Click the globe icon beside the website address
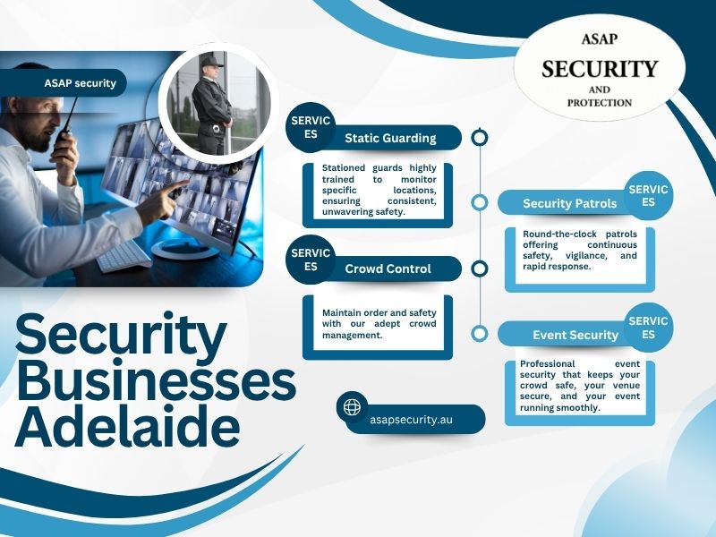coord(352,407)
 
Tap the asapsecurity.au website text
coord(411,419)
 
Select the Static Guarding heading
coord(390,138)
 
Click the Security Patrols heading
coord(569,203)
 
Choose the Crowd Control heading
coord(388,268)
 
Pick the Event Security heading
coord(575,335)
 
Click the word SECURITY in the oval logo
coord(600,69)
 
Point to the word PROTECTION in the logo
coord(600,103)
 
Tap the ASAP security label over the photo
coord(80,83)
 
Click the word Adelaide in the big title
coord(127,426)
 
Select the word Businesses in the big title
coord(156,379)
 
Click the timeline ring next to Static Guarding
coord(480,137)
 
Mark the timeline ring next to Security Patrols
coord(480,202)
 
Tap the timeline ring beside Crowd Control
coord(480,268)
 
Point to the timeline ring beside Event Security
coord(480,334)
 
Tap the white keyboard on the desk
coord(124,256)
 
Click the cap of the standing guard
coord(211,61)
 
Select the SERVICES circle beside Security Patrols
coord(648,196)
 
